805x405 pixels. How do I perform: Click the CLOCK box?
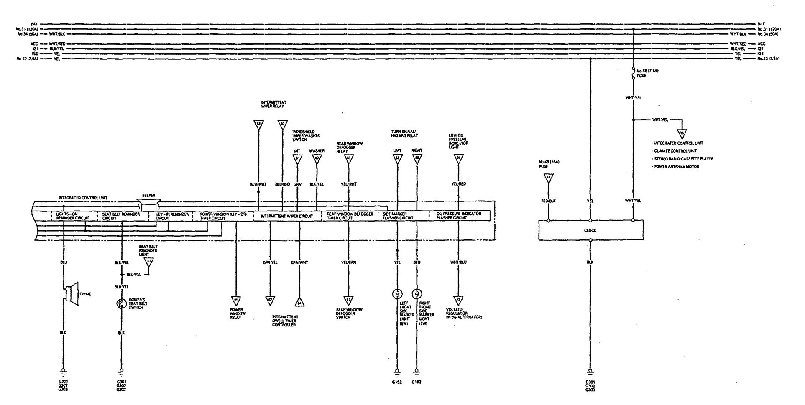pos(590,230)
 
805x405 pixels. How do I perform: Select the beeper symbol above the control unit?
pos(148,204)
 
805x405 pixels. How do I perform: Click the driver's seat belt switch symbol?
pos(121,304)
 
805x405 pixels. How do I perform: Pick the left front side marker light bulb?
pos(396,293)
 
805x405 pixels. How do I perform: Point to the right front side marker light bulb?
pos(417,293)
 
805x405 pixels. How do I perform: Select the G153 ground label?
pos(417,382)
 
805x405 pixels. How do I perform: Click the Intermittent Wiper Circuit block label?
pos(286,216)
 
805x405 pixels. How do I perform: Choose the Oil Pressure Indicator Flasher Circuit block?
pos(459,216)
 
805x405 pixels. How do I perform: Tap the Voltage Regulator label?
pos(464,313)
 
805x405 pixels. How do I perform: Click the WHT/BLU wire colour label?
pos(459,262)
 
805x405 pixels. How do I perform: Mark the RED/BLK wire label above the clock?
pos(548,201)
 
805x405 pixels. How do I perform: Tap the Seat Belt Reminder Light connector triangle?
pos(148,262)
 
